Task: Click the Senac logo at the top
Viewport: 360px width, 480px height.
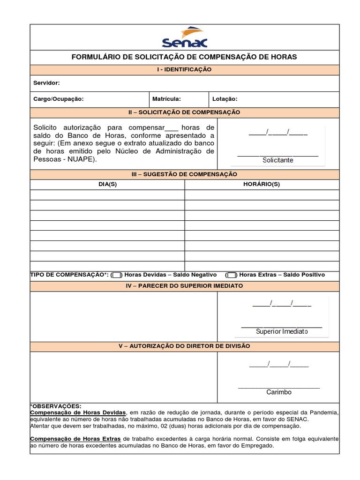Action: [184, 37]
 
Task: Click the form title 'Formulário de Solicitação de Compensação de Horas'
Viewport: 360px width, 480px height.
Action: [184, 57]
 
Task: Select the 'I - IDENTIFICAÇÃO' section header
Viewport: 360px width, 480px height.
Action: [184, 69]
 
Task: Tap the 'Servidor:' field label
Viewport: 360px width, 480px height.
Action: [46, 83]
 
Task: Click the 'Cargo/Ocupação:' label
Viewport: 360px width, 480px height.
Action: [59, 99]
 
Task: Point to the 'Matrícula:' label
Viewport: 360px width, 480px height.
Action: [166, 99]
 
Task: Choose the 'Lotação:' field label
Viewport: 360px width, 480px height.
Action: [225, 99]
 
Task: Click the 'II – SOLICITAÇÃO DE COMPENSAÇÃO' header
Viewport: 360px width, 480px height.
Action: [184, 112]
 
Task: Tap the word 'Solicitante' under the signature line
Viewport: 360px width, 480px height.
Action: [278, 160]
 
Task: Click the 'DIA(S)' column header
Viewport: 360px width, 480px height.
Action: [107, 184]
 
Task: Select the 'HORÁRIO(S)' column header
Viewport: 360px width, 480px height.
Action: [262, 184]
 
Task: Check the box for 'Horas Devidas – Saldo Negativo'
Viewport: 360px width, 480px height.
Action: [117, 275]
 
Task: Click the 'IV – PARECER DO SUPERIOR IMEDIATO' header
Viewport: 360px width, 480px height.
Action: [184, 286]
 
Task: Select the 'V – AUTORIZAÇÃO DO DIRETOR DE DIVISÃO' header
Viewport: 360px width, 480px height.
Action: [184, 346]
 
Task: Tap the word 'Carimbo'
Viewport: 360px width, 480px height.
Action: [279, 392]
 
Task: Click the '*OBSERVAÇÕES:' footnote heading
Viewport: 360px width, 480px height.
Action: [56, 406]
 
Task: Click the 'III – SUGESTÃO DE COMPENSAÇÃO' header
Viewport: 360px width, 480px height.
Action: [184, 174]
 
